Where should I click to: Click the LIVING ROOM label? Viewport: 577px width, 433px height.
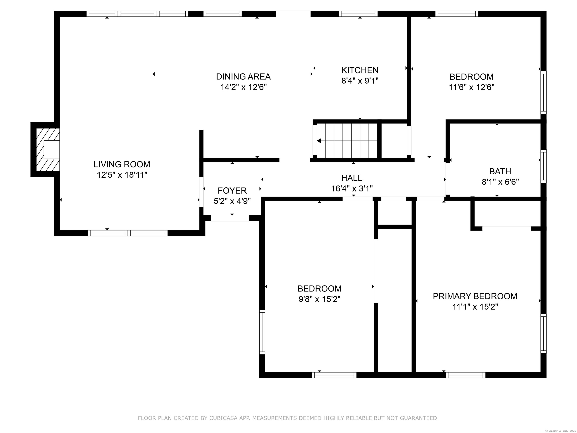click(122, 164)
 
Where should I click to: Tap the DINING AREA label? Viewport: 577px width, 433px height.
click(243, 77)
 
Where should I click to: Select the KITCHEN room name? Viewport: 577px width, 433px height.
click(360, 70)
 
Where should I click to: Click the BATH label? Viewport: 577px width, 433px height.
click(500, 171)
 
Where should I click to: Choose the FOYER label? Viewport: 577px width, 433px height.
click(232, 191)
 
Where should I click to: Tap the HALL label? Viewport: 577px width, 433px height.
click(352, 178)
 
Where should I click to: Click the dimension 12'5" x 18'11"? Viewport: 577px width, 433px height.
click(122, 175)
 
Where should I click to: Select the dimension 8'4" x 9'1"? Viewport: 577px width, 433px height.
click(360, 81)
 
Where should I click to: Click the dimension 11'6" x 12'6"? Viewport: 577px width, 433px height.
click(472, 87)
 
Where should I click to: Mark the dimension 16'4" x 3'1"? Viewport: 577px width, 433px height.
click(352, 188)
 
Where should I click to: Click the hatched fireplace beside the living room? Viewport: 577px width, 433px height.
click(48, 150)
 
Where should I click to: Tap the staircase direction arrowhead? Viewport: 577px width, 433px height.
click(319, 141)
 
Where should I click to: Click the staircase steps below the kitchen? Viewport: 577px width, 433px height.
click(347, 141)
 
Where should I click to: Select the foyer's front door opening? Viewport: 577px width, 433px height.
click(230, 218)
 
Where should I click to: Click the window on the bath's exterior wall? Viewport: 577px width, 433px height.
click(543, 166)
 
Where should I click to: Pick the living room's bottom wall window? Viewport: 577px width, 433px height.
click(128, 233)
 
